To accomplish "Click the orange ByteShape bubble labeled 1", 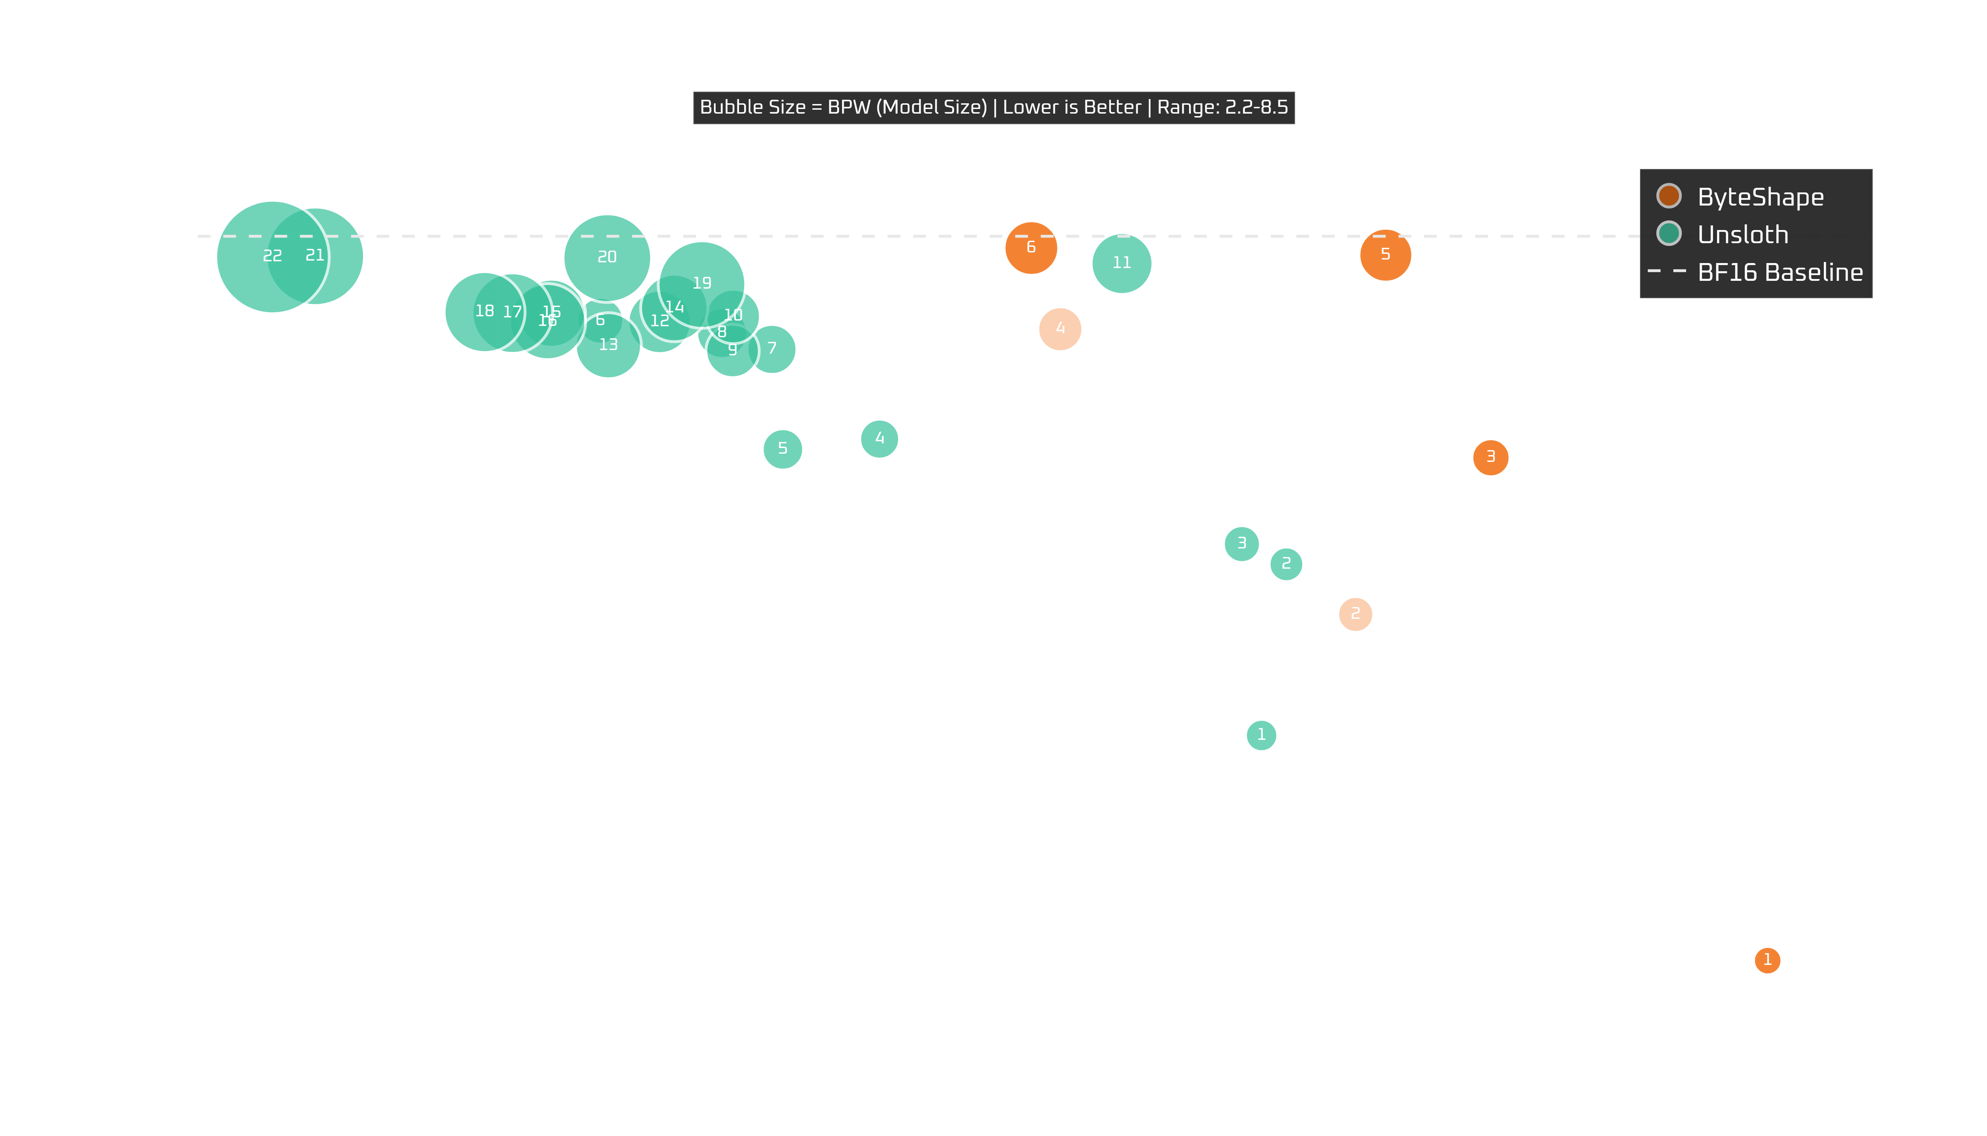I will tap(1767, 960).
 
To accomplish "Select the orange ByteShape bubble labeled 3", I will tap(1490, 457).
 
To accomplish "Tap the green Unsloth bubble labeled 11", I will tap(1121, 263).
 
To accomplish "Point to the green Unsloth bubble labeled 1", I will tap(1261, 735).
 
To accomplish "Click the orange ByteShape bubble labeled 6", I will tap(1031, 247).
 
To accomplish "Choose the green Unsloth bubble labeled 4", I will tap(880, 438).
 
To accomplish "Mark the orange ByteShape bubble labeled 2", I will tap(1355, 614).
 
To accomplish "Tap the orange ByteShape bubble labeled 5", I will tap(1385, 254).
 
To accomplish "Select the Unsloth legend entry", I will tap(1742, 234).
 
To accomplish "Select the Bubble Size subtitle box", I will tap(993, 108).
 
